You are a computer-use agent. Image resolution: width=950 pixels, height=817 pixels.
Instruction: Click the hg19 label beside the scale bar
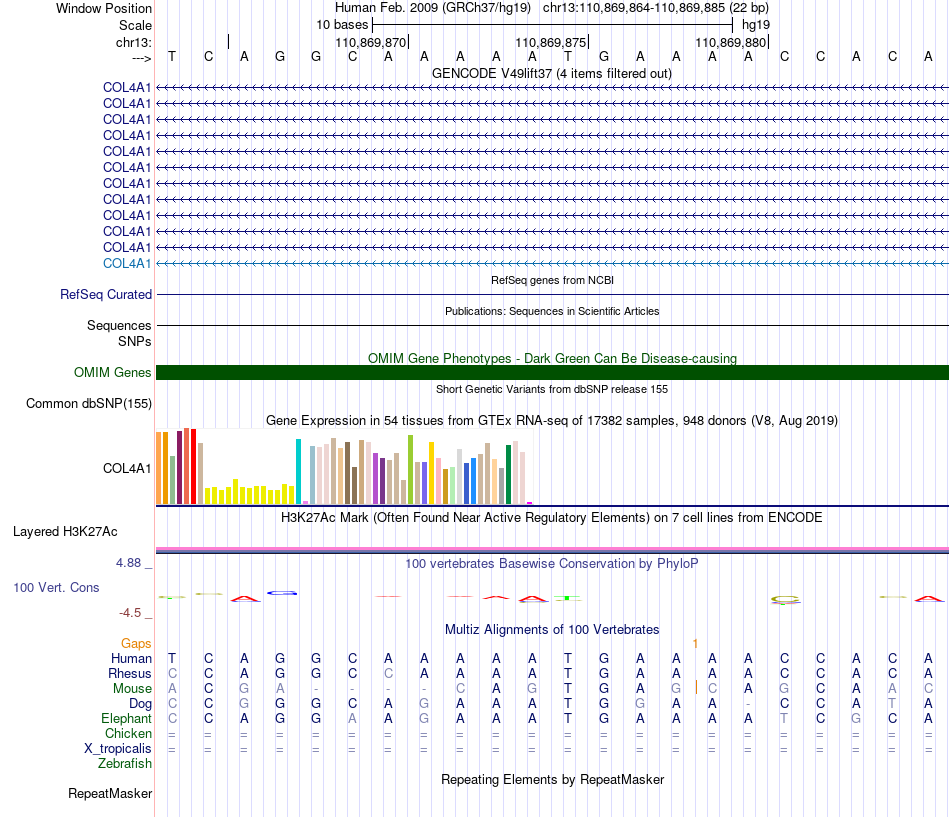tap(756, 25)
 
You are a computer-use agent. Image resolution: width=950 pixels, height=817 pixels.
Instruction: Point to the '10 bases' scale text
tap(342, 25)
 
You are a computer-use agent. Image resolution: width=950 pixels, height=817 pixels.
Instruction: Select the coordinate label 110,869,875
tap(551, 42)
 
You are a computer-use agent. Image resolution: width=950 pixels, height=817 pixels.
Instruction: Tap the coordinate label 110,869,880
tap(731, 42)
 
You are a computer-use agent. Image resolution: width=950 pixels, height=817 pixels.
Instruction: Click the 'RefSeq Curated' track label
tap(106, 295)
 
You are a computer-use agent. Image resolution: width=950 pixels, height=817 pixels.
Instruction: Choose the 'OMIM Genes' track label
tap(113, 373)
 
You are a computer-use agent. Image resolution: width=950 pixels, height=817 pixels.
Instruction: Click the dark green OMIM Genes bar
tap(552, 373)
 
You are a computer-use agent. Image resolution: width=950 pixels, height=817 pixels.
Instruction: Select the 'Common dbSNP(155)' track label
tap(89, 404)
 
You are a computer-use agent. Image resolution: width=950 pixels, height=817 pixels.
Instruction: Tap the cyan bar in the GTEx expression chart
tap(298, 472)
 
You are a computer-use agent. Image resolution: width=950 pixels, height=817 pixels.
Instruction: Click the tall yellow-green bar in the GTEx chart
tap(410, 470)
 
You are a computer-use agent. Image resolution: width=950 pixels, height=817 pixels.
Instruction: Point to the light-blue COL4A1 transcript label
tap(127, 264)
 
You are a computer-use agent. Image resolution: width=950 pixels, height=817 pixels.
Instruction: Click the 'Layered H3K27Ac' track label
tap(65, 532)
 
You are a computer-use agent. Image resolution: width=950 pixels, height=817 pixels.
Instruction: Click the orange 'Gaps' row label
tap(136, 644)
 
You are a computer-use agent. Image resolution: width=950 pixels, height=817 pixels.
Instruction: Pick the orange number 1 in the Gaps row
tap(695, 644)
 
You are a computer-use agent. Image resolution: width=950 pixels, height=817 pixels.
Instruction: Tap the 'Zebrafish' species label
tap(125, 764)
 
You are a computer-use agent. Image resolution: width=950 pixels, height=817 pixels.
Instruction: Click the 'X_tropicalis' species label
tap(118, 749)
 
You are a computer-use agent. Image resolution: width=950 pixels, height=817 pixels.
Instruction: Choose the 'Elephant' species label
tap(127, 718)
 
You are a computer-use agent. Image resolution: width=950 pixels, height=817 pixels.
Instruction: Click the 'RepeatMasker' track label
tap(110, 794)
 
